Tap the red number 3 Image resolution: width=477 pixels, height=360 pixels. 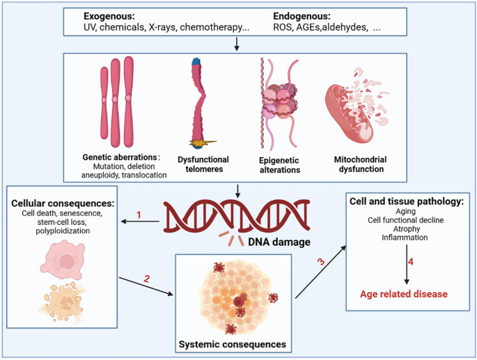[320, 263]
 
